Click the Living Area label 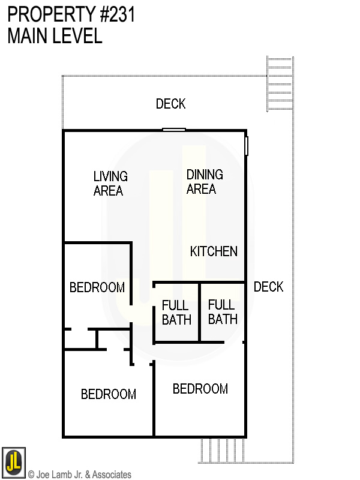pyautogui.click(x=110, y=184)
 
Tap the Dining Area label pyautogui.click(x=204, y=182)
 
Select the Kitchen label pyautogui.click(x=214, y=251)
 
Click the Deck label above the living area pyautogui.click(x=170, y=104)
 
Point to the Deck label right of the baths pyautogui.click(x=268, y=287)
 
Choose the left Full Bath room pyautogui.click(x=176, y=313)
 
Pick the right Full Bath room pyautogui.click(x=223, y=312)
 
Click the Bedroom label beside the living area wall pyautogui.click(x=97, y=287)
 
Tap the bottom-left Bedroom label pyautogui.click(x=109, y=394)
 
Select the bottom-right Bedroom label pyautogui.click(x=200, y=389)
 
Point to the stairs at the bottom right pyautogui.click(x=221, y=450)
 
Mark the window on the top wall pyautogui.click(x=174, y=129)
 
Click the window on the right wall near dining pyautogui.click(x=246, y=146)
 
